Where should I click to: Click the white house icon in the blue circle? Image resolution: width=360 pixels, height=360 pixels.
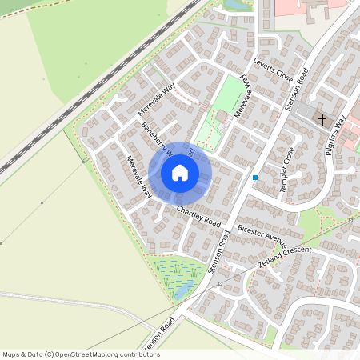(180, 173)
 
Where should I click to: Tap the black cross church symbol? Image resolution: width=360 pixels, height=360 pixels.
(322, 120)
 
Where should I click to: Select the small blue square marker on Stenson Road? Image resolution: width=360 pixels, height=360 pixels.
(255, 178)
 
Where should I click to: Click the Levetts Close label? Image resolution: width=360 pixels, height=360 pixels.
(274, 70)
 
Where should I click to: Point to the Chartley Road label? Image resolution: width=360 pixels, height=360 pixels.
(198, 214)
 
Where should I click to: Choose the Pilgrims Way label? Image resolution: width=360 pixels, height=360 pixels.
(341, 128)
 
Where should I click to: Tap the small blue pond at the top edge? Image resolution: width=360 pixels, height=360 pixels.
(238, 5)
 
